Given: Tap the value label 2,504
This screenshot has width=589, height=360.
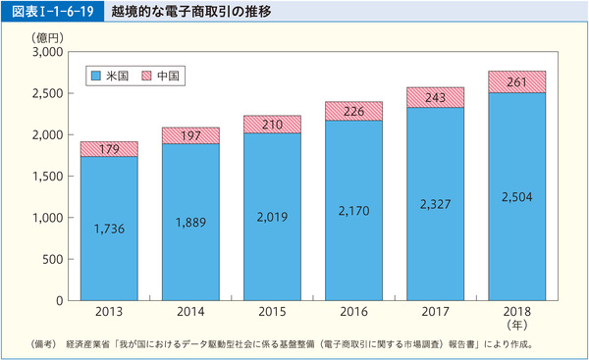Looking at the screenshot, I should point(516,196).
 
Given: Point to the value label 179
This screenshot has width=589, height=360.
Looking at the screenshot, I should point(109,149).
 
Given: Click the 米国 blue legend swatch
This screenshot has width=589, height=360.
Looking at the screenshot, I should point(95,76).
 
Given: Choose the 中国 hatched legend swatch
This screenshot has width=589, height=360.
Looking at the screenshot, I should point(147,76).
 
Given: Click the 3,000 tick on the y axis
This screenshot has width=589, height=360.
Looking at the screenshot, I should point(45,52).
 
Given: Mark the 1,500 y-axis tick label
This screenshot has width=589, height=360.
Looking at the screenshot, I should point(45,177).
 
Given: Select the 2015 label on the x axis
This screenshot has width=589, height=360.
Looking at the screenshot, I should point(272,312).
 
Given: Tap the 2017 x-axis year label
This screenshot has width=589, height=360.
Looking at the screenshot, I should point(435,312).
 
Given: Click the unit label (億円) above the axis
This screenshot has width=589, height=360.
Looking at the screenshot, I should point(45,36).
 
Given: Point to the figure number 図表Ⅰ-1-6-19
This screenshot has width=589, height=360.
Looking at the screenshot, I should point(49,13).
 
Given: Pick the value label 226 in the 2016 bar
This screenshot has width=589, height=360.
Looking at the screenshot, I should point(353,111).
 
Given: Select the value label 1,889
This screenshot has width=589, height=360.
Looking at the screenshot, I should point(190,222).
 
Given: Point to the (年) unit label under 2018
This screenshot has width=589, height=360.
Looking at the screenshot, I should point(516,325).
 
